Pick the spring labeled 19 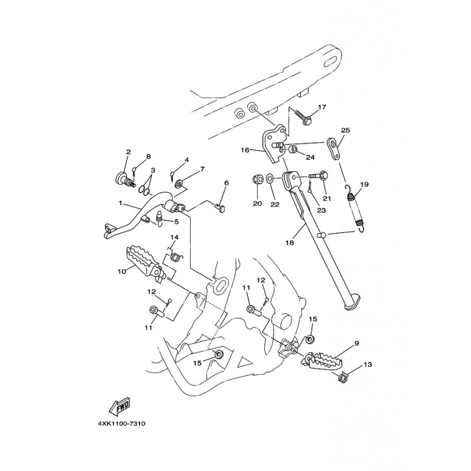[x=356, y=205]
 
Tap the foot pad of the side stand [x=350, y=303]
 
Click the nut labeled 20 [x=257, y=178]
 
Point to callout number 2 [x=128, y=152]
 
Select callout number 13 [x=367, y=365]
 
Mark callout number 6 [x=225, y=184]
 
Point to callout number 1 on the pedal [x=121, y=204]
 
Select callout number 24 [x=310, y=157]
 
